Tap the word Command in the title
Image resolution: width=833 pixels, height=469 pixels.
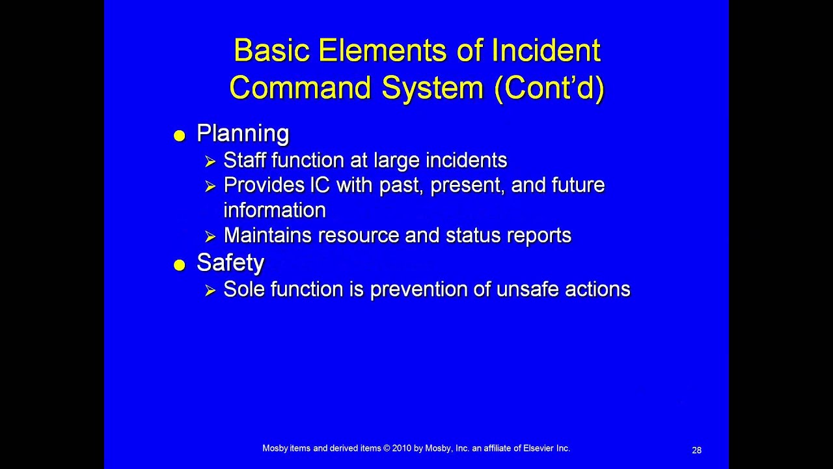[300, 88]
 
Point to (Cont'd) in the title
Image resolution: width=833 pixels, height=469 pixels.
[549, 88]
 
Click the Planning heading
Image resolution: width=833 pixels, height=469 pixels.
[243, 134]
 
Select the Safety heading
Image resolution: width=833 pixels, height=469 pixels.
[230, 263]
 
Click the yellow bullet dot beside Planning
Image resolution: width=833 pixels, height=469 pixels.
[180, 135]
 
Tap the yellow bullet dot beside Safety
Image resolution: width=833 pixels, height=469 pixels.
[180, 265]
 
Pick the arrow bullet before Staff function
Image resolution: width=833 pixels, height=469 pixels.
[210, 161]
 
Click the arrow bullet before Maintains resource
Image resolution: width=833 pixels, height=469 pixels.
[210, 236]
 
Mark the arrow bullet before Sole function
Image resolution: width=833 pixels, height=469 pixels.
[210, 290]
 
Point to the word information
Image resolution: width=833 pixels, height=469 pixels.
[275, 210]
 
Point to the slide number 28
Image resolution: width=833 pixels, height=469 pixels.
[696, 450]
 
